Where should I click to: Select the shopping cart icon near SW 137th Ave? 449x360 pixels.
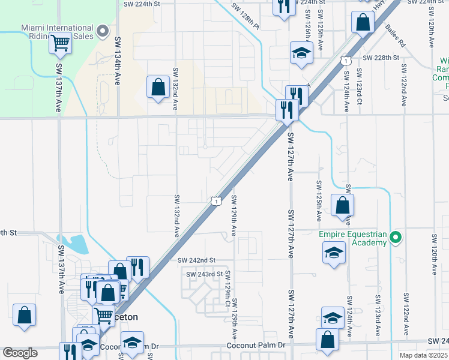[60, 43]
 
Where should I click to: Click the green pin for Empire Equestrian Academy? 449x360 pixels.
[396, 238]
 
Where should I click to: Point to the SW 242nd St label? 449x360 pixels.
[196, 260]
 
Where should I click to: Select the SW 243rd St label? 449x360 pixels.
[204, 274]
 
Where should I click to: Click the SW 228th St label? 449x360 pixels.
[381, 58]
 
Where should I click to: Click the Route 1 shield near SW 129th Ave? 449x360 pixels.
[214, 202]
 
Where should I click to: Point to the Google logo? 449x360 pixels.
[20, 353]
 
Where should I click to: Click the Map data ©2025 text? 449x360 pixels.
[424, 355]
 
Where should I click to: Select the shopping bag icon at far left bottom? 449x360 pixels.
[25, 314]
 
